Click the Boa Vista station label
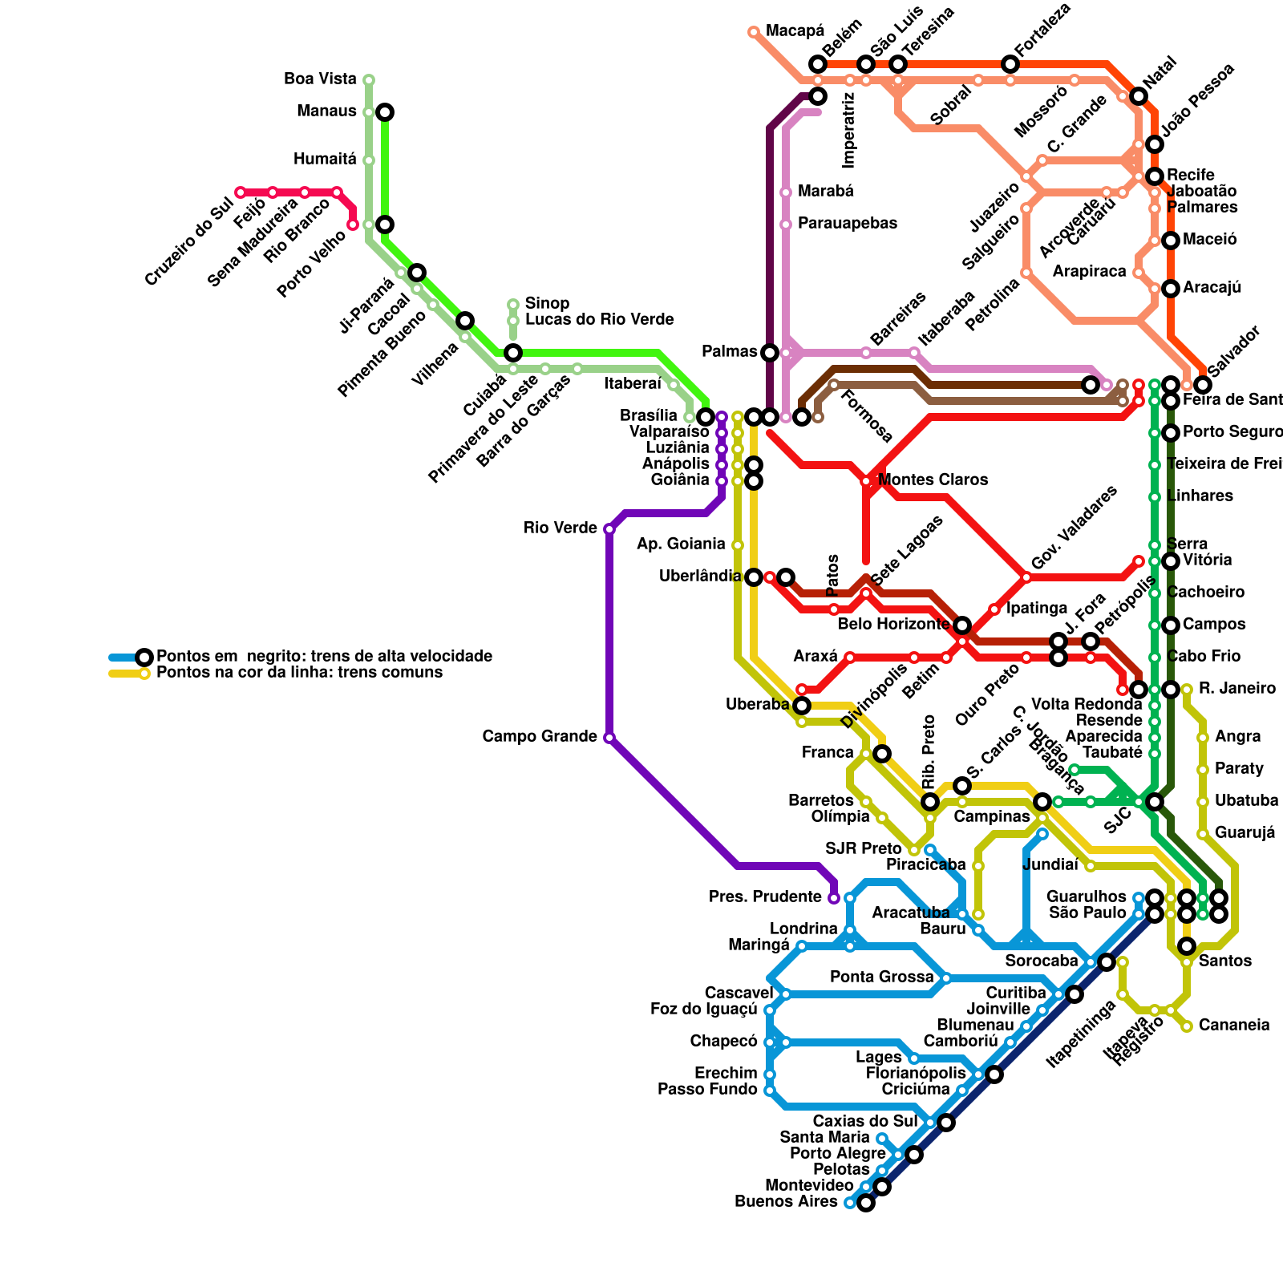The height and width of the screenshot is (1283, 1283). (x=320, y=79)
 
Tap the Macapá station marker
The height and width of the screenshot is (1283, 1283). (x=754, y=32)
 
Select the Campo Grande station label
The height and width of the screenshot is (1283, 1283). (x=540, y=737)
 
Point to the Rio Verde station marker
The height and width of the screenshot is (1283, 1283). (x=609, y=529)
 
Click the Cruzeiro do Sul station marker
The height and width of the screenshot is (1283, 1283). (x=241, y=192)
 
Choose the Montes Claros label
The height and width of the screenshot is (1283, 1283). (x=933, y=480)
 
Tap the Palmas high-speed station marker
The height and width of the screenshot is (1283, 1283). (x=770, y=353)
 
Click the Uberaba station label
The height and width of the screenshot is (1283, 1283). (x=757, y=705)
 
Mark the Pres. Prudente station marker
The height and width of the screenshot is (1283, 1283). (x=834, y=898)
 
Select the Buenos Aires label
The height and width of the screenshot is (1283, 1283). (x=786, y=1202)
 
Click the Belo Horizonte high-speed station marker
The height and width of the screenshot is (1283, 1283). (x=962, y=625)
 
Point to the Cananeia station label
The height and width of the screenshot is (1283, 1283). (x=1233, y=1026)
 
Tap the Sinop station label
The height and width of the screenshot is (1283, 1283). (x=547, y=304)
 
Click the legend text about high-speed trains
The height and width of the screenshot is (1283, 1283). (x=324, y=657)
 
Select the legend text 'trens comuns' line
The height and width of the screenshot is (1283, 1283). (x=299, y=673)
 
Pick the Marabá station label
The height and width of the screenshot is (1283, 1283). (x=825, y=192)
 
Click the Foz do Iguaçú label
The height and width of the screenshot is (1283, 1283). (x=703, y=1010)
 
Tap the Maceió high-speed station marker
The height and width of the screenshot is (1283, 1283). (x=1171, y=241)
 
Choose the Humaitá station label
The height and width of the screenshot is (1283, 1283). (x=325, y=160)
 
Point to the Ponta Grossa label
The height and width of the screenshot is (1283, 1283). (x=881, y=977)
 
